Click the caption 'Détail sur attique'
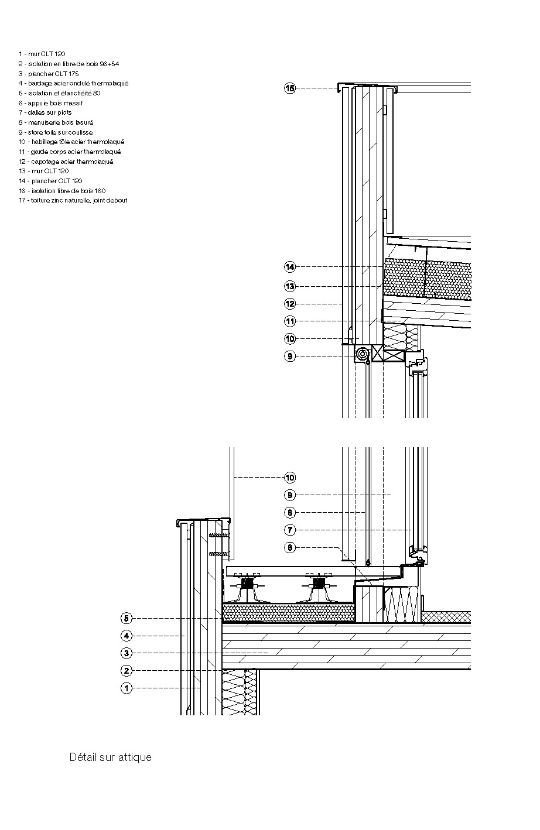110,757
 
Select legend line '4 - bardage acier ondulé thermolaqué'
73,83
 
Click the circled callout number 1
127,688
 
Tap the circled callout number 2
127,671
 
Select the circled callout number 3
127,653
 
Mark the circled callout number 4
127,636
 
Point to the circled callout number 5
127,618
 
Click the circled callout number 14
290,267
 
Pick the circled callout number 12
290,304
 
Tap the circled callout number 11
290,321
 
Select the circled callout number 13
290,286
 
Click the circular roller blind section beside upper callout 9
363,354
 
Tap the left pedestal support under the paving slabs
250,587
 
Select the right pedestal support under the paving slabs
319,587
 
